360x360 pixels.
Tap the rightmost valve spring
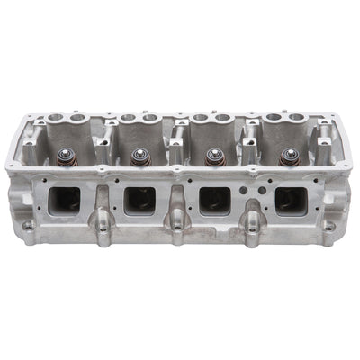tap(289, 159)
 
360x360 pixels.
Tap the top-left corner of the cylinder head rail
tap(30, 114)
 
